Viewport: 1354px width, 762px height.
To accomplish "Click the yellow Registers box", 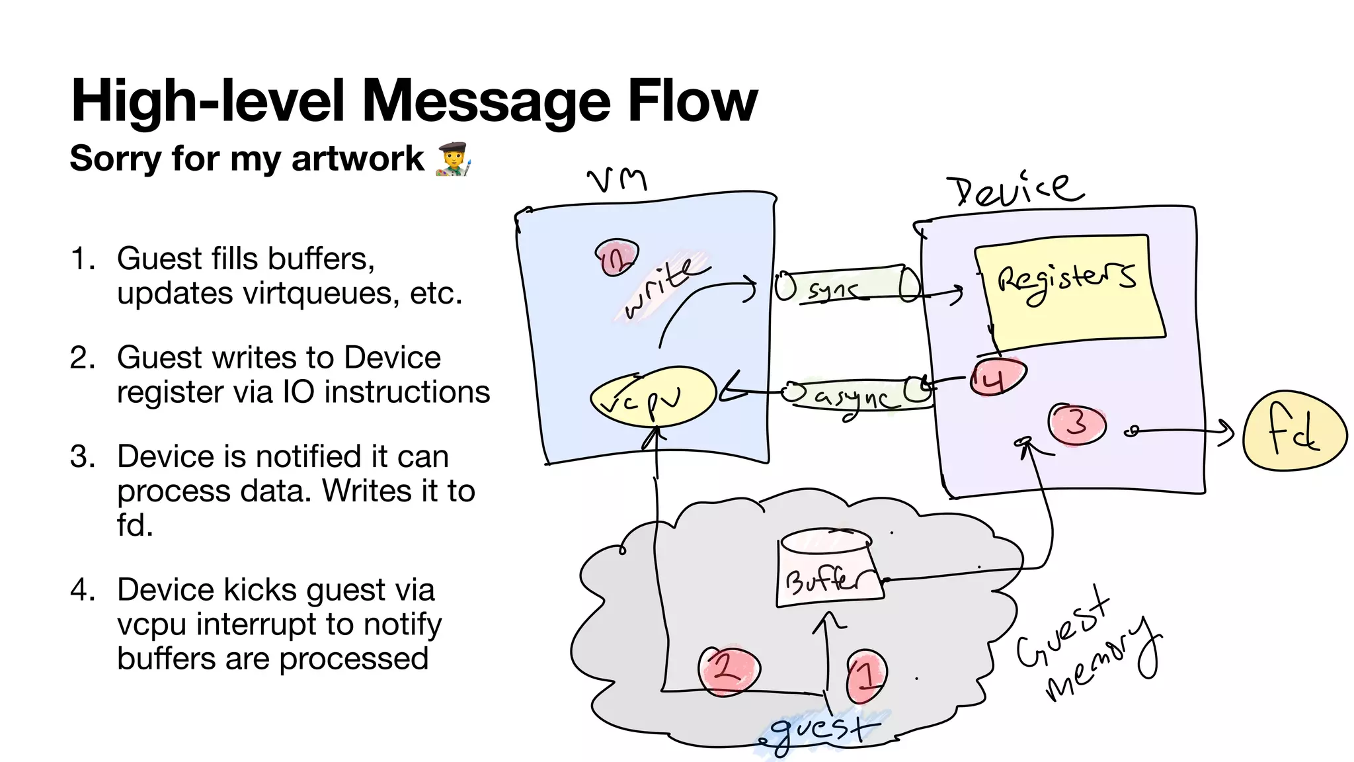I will coord(1068,291).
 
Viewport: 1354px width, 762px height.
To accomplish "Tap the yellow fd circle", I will coord(1294,431).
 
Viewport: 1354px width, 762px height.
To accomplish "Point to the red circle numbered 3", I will coord(1077,423).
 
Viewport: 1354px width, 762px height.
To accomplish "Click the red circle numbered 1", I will coord(865,676).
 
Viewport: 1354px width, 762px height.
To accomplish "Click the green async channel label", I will coord(857,396).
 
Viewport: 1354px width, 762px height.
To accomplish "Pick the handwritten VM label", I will coord(617,179).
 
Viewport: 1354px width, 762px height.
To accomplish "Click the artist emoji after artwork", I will coord(454,159).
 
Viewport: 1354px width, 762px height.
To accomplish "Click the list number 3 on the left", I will coord(82,456).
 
